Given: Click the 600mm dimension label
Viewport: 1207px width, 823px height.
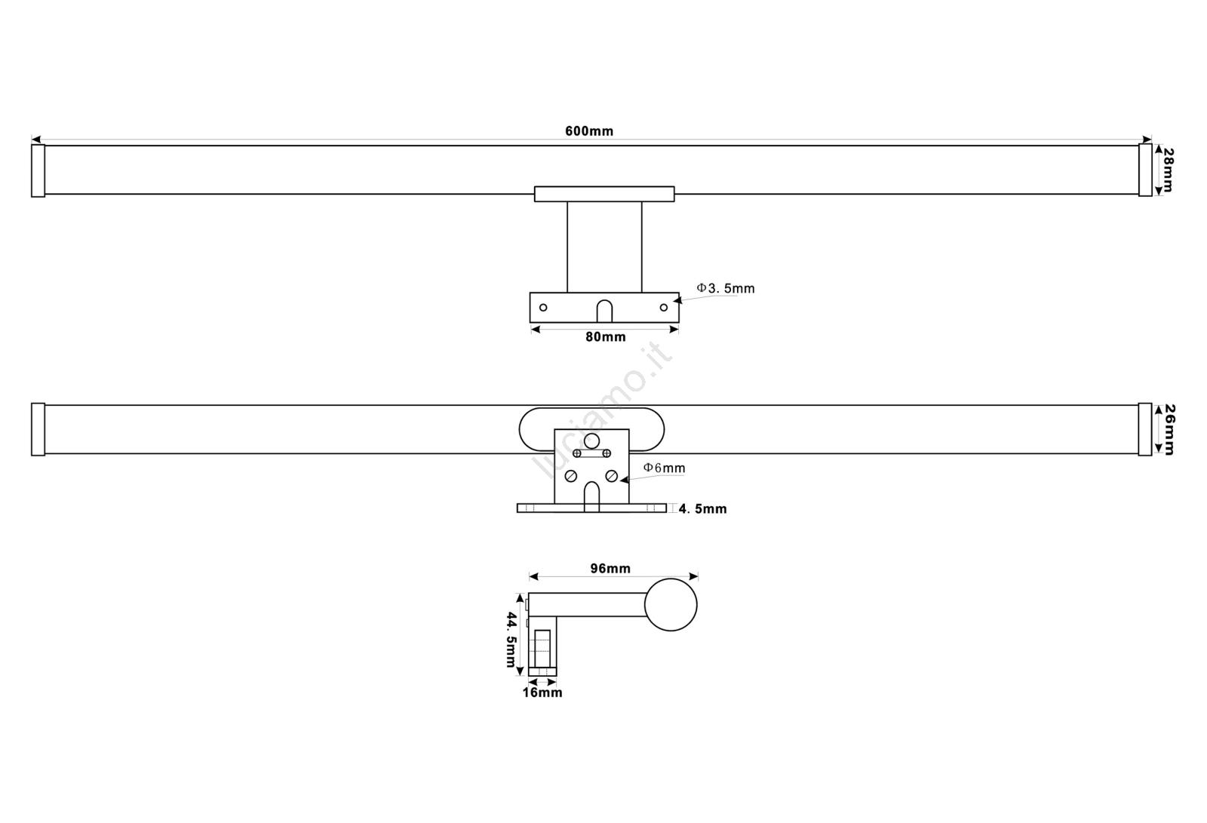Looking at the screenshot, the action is [x=589, y=131].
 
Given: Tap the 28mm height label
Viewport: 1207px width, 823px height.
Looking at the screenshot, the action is [x=1168, y=170].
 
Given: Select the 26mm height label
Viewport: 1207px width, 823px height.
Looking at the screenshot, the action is [x=1169, y=429].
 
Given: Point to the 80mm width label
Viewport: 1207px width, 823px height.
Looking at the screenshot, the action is [x=606, y=337].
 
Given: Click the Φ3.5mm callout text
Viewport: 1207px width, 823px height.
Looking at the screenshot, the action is [x=726, y=288].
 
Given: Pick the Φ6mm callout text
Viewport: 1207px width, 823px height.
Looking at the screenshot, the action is [x=665, y=468].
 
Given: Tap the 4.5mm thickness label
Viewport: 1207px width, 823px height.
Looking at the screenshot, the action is [x=702, y=508].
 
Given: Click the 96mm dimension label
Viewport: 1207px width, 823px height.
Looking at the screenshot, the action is [x=610, y=568].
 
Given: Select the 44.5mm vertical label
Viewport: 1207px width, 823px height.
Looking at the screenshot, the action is [x=511, y=639].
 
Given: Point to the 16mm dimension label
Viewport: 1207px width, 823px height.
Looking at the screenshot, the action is [x=542, y=692].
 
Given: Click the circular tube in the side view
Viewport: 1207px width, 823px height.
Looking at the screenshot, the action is [x=671, y=605].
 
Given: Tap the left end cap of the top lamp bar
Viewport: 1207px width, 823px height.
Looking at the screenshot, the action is [x=38, y=170].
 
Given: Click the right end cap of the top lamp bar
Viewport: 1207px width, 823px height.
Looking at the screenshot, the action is [x=1146, y=170].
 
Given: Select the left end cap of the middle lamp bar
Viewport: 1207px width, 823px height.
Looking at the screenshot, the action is [x=38, y=429].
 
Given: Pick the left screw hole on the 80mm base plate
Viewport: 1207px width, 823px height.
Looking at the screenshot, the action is [x=543, y=307].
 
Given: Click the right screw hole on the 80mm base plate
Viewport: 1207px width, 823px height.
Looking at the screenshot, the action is [x=664, y=307].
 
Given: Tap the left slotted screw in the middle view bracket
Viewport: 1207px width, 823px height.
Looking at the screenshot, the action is [x=571, y=476].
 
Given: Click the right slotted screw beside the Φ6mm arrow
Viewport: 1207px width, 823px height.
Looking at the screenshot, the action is [x=612, y=476].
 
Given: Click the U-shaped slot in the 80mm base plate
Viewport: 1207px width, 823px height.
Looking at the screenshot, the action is [x=604, y=311].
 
